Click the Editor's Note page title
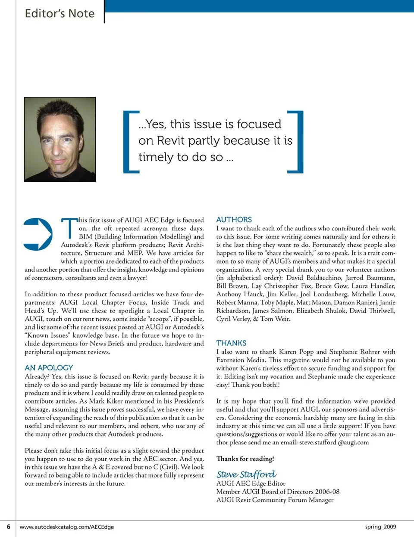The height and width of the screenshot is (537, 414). pos(60,13)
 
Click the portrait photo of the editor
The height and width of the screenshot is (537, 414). pos(60,139)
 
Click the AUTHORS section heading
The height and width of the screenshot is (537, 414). pos(234,220)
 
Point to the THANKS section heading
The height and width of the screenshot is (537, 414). pos(231,343)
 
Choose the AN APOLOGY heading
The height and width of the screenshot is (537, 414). pos(49,368)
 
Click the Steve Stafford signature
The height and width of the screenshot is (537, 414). pos(246,474)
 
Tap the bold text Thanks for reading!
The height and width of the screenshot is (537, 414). pos(245,459)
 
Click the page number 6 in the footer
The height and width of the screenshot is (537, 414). pos(8,527)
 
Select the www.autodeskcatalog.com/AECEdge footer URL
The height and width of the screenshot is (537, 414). pos(67,527)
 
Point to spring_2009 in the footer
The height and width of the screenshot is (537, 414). pos(380,527)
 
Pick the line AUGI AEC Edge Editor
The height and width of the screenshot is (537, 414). pos(251,483)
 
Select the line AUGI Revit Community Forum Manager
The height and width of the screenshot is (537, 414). pos(275,500)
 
